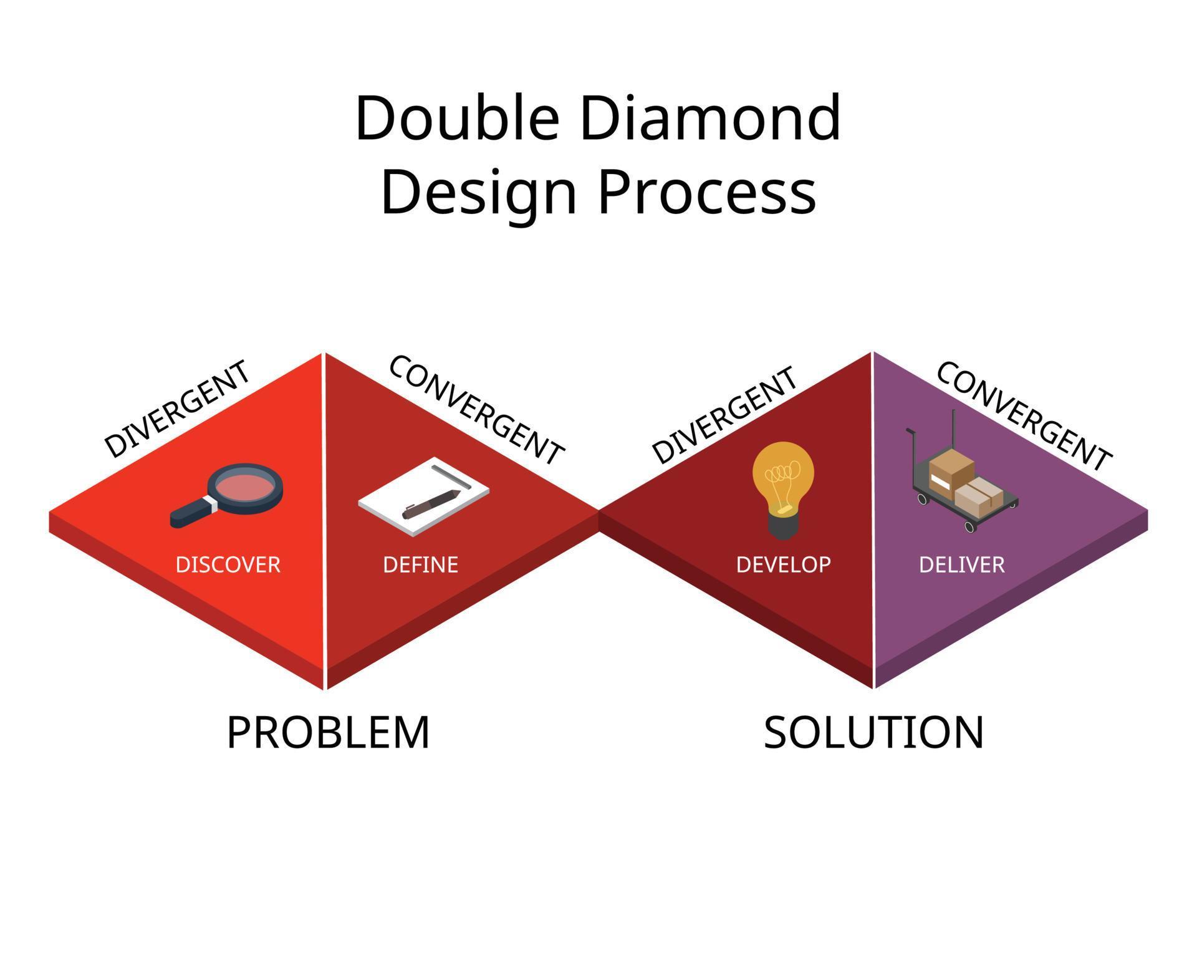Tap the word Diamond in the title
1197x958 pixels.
(x=710, y=119)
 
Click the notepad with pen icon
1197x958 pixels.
(x=423, y=496)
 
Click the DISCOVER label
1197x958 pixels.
(x=228, y=564)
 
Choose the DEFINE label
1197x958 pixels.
(x=421, y=564)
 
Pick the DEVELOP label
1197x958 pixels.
(x=783, y=564)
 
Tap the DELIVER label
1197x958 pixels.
(x=961, y=564)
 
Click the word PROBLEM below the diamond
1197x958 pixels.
(x=328, y=732)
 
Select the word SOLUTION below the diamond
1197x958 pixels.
(x=873, y=732)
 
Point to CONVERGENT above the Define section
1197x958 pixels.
(x=476, y=410)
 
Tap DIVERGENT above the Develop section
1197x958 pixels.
(x=724, y=415)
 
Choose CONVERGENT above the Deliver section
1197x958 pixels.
(x=1024, y=415)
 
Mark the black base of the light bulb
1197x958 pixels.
(x=783, y=528)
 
